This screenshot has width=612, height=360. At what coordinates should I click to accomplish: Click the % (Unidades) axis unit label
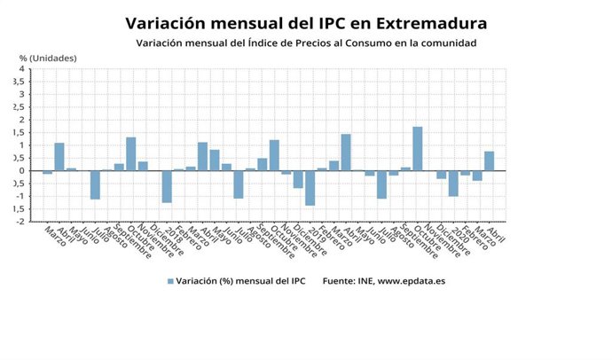[48, 58]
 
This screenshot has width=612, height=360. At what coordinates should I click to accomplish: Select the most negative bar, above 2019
[310, 188]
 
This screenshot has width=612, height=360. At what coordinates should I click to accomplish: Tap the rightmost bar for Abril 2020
[490, 160]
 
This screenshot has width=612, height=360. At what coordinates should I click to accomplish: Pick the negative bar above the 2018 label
[167, 186]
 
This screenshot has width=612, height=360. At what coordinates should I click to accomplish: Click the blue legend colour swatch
[169, 281]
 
